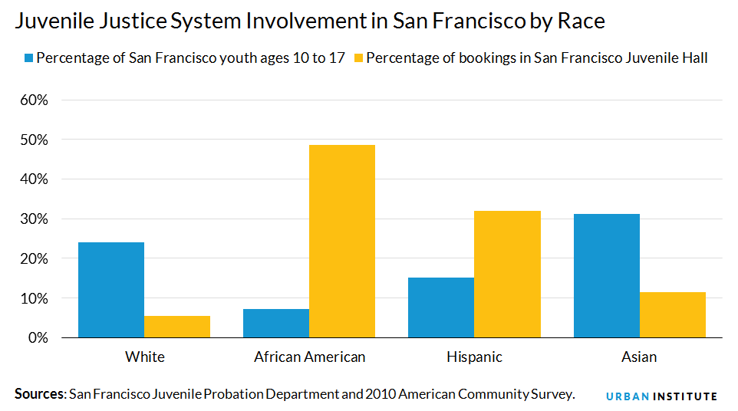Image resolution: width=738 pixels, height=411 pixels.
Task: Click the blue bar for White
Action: [x=111, y=290]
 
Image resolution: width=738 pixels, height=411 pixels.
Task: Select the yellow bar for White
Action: [x=177, y=327]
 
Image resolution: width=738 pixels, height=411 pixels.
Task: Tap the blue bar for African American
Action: [x=276, y=323]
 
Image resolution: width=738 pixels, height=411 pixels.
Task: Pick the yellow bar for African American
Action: [x=342, y=241]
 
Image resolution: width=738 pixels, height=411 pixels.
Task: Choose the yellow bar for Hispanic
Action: [x=507, y=274]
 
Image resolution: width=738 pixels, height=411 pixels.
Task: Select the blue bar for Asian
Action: [x=607, y=275]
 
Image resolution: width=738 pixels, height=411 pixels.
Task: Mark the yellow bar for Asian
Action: [x=673, y=314]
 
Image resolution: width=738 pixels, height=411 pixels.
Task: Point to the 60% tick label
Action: [x=34, y=100]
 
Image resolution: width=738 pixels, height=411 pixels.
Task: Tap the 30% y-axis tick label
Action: [x=34, y=219]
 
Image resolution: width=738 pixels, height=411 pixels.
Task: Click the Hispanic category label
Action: [x=474, y=357]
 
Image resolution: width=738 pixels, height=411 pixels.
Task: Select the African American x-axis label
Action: [x=309, y=357]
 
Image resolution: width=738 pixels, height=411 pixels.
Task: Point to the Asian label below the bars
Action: [x=640, y=357]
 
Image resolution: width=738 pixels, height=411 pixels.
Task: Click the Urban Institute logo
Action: [x=661, y=396]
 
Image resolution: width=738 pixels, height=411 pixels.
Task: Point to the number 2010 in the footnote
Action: [x=381, y=394]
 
